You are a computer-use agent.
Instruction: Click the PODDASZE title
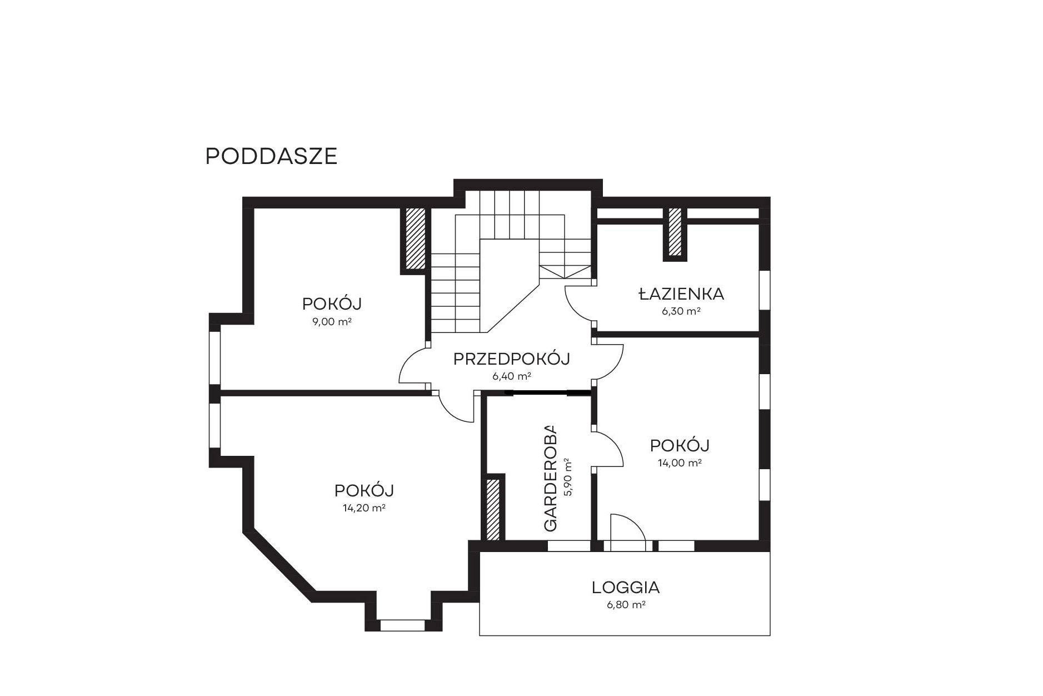[271, 156]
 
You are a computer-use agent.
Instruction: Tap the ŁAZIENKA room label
[681, 294]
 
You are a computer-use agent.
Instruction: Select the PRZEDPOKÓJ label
[512, 359]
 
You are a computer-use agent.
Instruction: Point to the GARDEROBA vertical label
[550, 478]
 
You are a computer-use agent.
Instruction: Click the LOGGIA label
[625, 587]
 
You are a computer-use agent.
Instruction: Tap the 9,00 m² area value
[332, 322]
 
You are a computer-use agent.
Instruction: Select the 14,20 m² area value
[364, 508]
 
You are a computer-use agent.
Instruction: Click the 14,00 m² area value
[680, 463]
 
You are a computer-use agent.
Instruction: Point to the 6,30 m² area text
[681, 311]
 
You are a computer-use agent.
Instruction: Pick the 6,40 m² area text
[512, 376]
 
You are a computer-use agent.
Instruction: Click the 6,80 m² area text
[626, 605]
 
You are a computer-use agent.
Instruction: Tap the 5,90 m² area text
[567, 477]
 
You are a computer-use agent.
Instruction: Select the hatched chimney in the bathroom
[675, 231]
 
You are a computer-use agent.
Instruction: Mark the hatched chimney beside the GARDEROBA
[493, 508]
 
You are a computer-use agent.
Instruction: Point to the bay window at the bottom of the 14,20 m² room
[403, 625]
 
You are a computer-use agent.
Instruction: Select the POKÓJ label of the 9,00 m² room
[332, 304]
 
